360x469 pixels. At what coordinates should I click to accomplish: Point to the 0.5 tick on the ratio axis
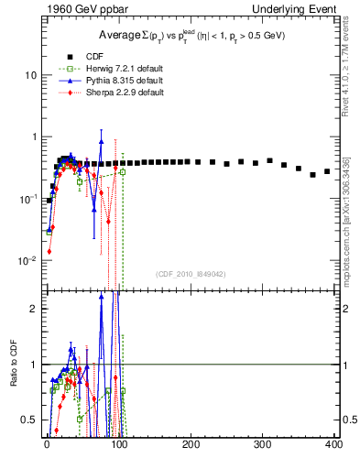tap(30, 420)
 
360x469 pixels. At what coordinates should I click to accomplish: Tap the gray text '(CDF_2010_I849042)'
tap(191, 274)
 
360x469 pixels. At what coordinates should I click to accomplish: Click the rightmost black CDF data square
tap(327, 171)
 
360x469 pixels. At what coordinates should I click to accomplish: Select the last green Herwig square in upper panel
tap(123, 171)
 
